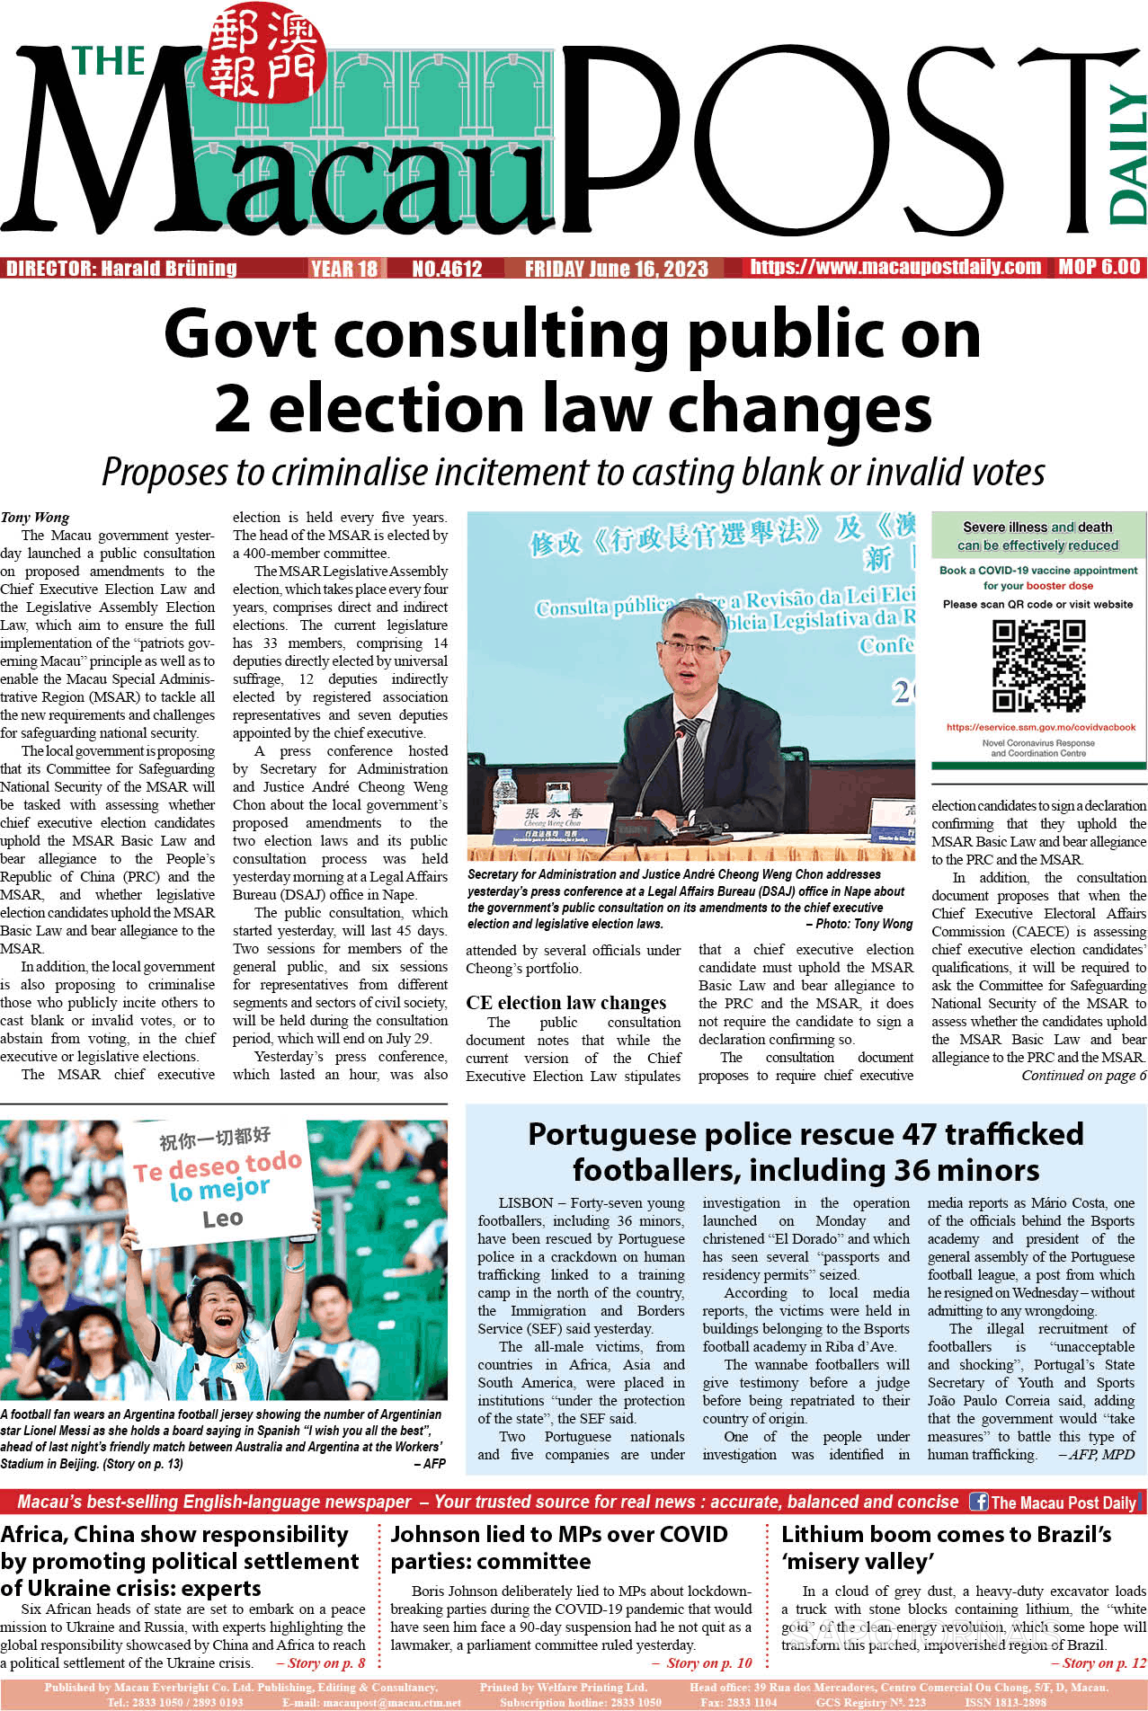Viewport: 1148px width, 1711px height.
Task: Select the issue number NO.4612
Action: pos(447,269)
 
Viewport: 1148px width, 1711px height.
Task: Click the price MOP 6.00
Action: pos(1099,267)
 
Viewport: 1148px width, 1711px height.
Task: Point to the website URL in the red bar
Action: pos(895,267)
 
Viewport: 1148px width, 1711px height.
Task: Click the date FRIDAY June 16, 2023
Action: pos(616,269)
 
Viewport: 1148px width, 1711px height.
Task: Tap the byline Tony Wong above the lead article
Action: pos(35,518)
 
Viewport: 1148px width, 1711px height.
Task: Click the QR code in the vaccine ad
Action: pos(1038,666)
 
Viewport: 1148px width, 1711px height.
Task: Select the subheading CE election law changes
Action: pos(565,1003)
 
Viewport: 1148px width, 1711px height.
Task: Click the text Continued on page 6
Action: pos(1083,1076)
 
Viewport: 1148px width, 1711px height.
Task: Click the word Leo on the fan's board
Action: pos(222,1219)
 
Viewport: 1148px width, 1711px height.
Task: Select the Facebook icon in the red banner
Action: pos(978,1502)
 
